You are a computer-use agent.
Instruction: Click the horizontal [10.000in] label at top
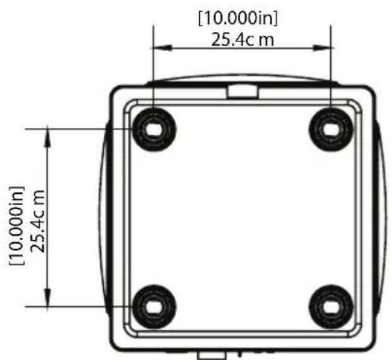coord(238,18)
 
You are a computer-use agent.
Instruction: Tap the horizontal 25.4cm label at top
coord(242,40)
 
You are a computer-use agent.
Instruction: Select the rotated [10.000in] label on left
coord(17,225)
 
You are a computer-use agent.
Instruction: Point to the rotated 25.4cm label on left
coord(38,222)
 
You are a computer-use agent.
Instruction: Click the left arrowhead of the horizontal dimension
coord(162,47)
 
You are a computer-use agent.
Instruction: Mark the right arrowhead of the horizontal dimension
coord(322,47)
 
